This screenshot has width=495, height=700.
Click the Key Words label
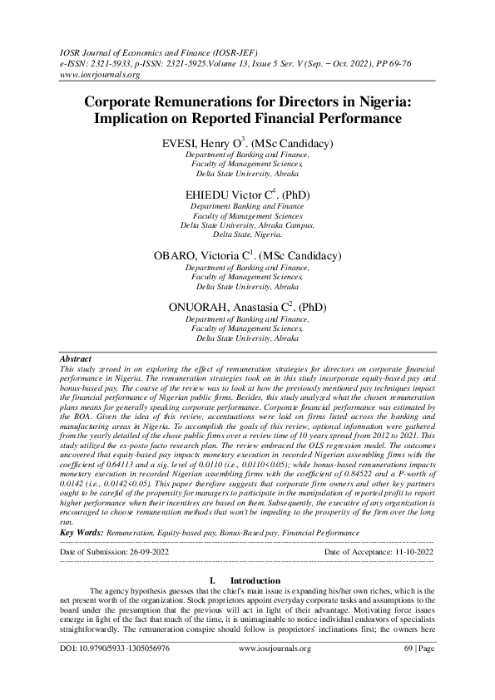pyautogui.click(x=83, y=530)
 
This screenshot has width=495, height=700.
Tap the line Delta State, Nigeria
pyautogui.click(x=247, y=235)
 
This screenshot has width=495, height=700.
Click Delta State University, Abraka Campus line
pyautogui.click(x=247, y=225)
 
